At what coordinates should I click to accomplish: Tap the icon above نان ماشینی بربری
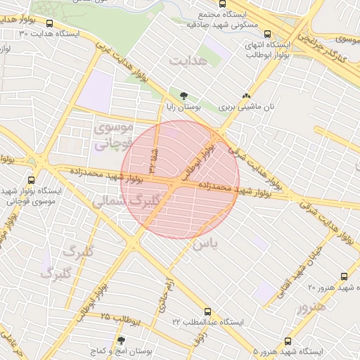pos(245,96)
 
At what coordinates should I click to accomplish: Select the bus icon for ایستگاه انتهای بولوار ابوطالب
pos(267,33)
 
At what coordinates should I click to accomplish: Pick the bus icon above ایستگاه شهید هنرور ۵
pos(287,340)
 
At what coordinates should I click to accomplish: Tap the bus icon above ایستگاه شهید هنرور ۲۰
pos(344,276)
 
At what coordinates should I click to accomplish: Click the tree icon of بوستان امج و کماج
pos(121,340)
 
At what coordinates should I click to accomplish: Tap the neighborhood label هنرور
pos(312,307)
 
